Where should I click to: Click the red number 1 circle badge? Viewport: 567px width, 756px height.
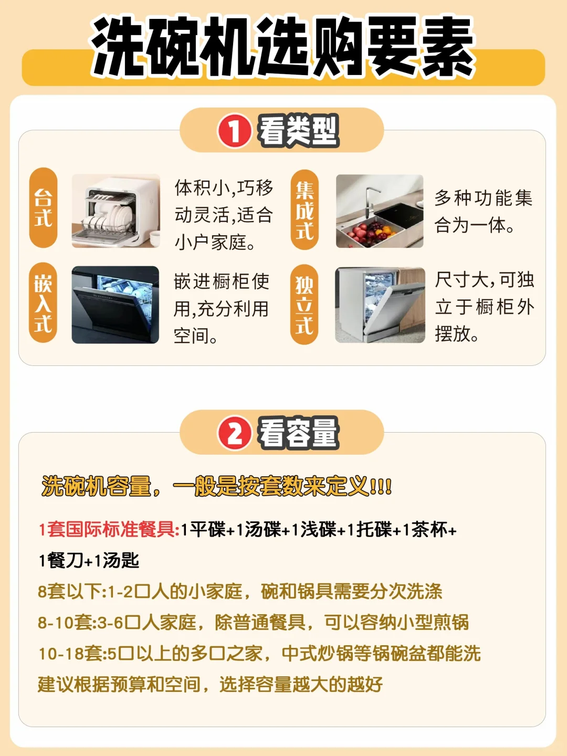234,131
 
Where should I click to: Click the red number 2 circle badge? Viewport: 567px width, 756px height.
234,433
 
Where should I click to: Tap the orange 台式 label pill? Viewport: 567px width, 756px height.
44,208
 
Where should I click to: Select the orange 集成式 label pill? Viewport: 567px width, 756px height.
304,210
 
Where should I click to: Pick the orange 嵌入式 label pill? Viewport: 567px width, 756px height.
43,302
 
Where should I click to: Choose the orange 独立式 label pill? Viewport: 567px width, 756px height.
304,304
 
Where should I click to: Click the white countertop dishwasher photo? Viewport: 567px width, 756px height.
115,211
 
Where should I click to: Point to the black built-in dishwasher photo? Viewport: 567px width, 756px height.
115,304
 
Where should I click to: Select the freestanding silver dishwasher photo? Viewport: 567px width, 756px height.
380,305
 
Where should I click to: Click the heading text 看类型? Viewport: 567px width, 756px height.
298,131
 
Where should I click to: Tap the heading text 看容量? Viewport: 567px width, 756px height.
298,433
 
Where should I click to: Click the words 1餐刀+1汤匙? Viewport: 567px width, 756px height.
89,560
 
